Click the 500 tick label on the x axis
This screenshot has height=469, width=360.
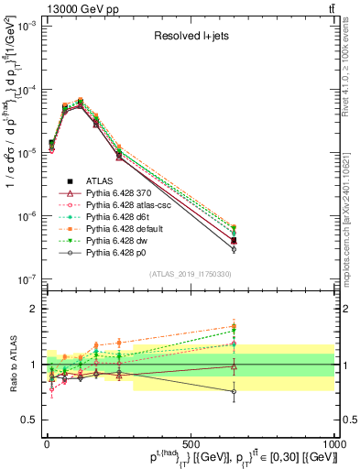coord(191,442)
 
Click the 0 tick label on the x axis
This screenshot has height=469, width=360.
coord(47,442)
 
